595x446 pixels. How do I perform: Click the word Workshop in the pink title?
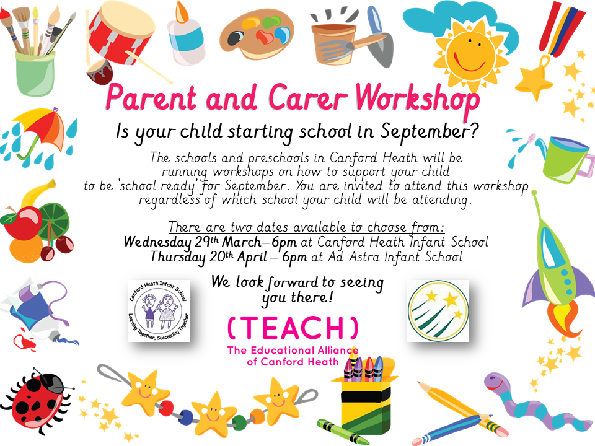[x=417, y=99]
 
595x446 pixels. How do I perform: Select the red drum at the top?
[x=121, y=36]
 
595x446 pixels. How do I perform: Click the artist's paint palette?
[x=257, y=35]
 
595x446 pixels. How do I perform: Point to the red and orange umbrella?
[x=40, y=131]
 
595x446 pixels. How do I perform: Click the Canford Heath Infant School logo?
[x=158, y=310]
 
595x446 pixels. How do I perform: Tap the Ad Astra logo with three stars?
[x=438, y=310]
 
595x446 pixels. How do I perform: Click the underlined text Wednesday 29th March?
[x=192, y=242]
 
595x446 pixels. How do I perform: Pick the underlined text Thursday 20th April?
[x=209, y=257]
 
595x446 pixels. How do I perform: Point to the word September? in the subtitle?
[x=430, y=132]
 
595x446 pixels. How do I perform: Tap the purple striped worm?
[x=531, y=402]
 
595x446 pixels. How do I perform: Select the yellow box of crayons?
[x=364, y=399]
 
